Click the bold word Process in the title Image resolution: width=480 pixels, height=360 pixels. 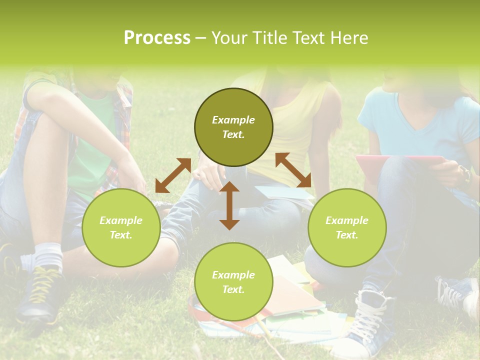157,37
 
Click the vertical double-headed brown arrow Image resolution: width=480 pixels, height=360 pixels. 229,205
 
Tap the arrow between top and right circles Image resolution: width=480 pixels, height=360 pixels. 293,170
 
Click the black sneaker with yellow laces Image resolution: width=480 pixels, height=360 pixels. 40,295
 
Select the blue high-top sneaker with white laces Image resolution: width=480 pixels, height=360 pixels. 370,320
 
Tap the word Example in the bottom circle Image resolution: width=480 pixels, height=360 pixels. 233,274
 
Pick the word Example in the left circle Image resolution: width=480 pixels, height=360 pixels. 121,220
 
